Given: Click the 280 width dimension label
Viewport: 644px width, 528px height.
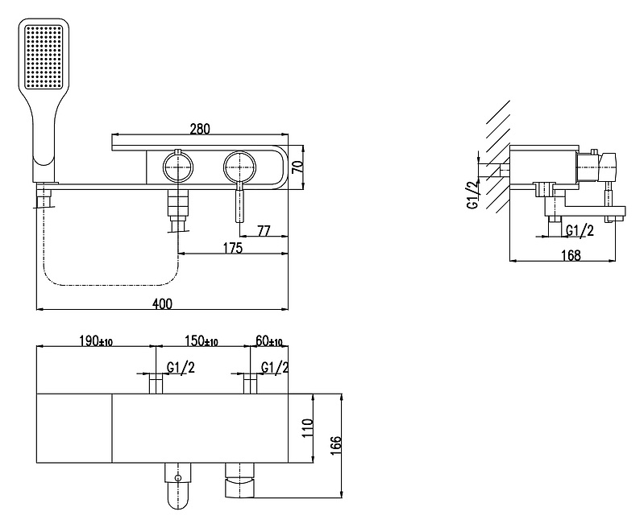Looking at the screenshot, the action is point(200,129).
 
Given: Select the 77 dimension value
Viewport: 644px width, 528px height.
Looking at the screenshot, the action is point(264,231).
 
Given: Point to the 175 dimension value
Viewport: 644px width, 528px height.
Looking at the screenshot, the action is point(233,248).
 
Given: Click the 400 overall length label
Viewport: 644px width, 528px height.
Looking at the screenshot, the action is point(162,304).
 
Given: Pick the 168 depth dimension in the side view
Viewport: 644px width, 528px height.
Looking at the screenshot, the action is point(571,255).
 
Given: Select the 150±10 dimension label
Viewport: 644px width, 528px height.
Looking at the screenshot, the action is point(202,341).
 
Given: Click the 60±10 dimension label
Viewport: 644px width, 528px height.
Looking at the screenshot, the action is point(269,341).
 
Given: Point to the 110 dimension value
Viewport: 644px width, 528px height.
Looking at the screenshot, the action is point(308,428).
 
